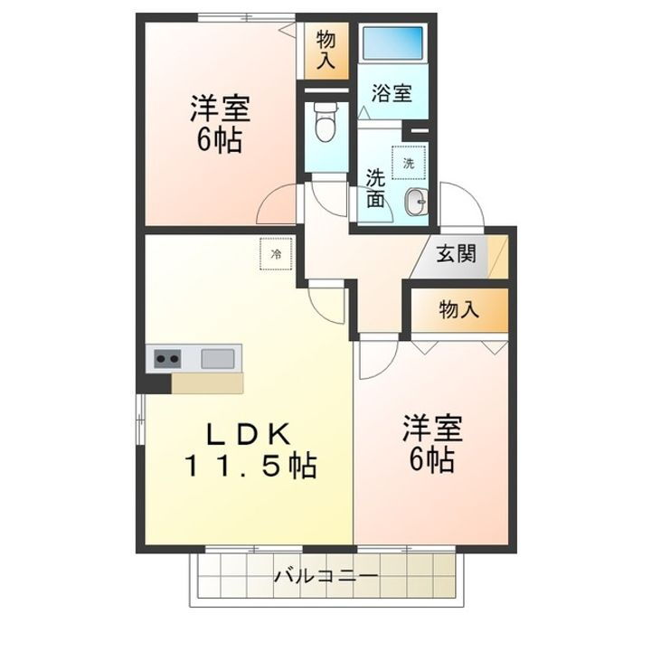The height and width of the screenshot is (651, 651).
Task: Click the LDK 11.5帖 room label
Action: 250,450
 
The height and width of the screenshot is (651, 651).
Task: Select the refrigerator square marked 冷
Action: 276,253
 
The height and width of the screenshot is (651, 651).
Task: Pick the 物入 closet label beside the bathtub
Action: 326,51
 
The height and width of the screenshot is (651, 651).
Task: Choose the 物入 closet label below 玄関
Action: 458,309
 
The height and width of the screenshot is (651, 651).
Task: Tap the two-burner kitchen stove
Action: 166,359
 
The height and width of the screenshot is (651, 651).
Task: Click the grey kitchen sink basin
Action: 218,358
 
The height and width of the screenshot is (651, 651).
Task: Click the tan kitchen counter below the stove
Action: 207,383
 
